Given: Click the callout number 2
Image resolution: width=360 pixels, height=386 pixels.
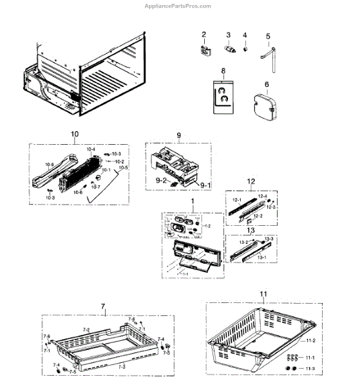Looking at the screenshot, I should click(x=204, y=33).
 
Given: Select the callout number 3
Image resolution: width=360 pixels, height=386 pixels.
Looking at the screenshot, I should click(x=227, y=33).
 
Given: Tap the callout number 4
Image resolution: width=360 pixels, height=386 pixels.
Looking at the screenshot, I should click(x=245, y=33).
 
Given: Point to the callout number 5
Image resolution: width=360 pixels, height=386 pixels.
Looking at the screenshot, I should click(x=268, y=36).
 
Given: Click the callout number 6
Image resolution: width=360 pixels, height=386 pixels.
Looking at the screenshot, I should click(x=266, y=84).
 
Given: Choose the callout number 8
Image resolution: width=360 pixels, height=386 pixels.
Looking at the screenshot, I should click(x=223, y=70).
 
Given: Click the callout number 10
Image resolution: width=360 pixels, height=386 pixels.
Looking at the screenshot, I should click(x=75, y=134).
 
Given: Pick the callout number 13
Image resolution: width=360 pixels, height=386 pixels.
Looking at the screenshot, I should click(x=251, y=230).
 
